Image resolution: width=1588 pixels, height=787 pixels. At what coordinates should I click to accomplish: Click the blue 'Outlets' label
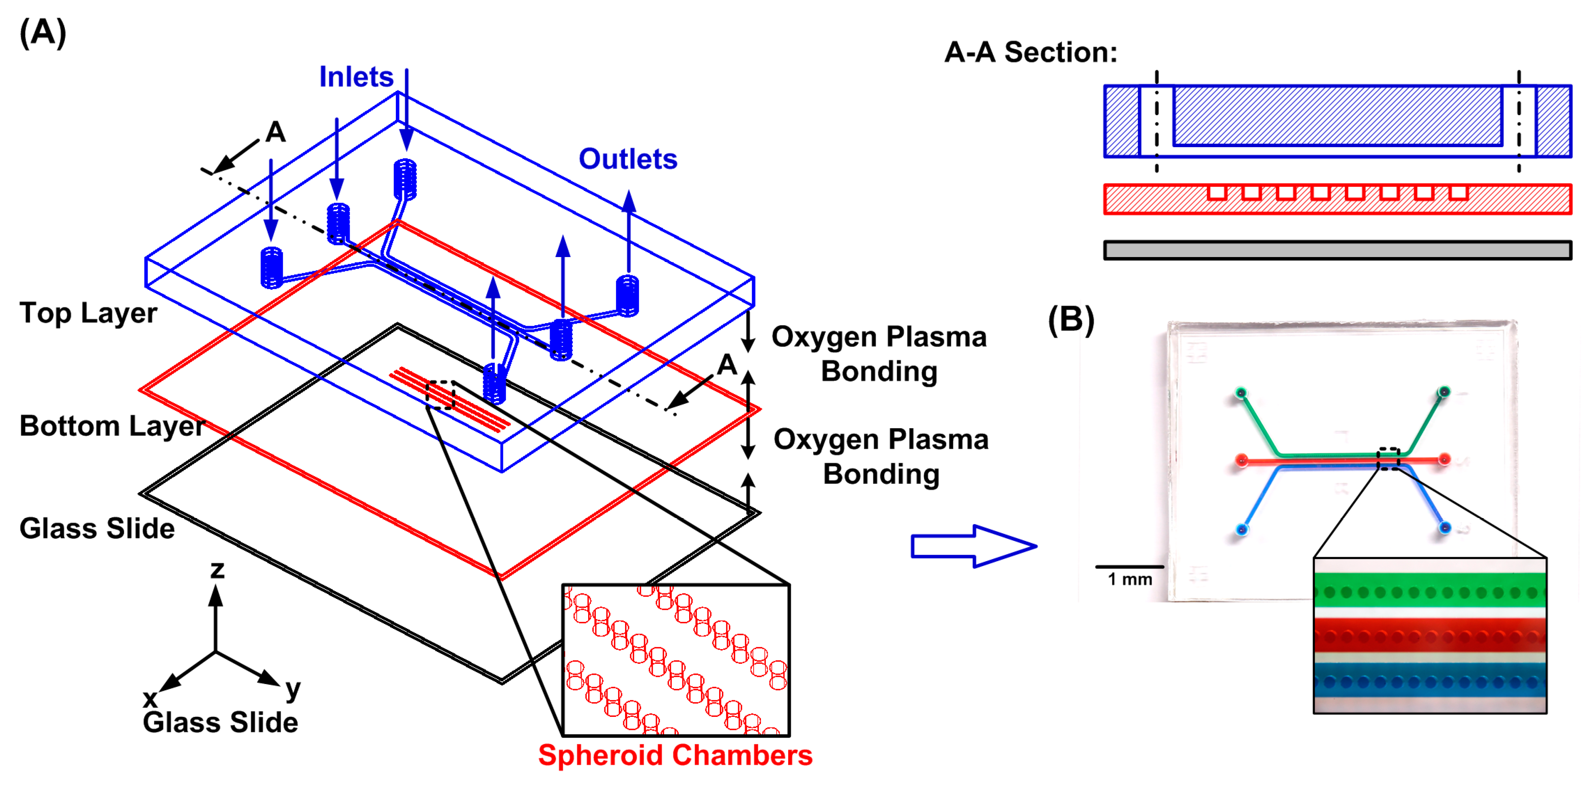(627, 160)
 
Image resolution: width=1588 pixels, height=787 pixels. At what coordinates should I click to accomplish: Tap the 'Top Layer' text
(88, 313)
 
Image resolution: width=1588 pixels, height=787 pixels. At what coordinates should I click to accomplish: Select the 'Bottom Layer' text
(112, 426)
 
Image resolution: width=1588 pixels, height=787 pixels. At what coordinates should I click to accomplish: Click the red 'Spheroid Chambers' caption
(675, 755)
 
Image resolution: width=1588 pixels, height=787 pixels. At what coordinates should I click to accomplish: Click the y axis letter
(293, 688)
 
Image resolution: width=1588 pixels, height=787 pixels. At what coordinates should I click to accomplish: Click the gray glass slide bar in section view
(1337, 250)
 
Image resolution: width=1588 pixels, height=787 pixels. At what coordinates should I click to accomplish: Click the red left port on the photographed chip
(1242, 460)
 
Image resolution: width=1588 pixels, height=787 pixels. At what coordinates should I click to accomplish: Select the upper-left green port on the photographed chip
(1241, 392)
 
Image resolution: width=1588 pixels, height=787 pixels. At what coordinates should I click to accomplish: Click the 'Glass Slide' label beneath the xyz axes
(220, 722)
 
